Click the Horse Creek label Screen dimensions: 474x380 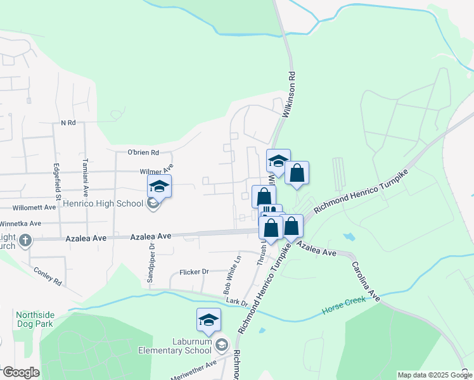[x=343, y=311]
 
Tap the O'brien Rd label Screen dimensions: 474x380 [x=143, y=152]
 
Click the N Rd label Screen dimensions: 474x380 [x=68, y=122]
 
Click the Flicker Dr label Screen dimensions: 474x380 [x=194, y=272]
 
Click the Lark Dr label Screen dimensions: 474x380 [x=235, y=303]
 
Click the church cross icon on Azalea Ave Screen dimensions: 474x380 [x=25, y=240]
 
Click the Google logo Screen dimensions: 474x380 [x=22, y=372]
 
